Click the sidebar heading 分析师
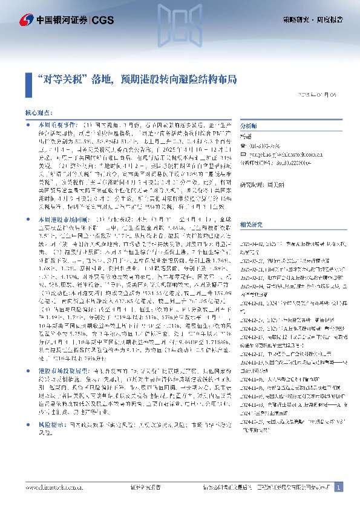click(x=249, y=126)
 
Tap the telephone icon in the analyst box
click(x=243, y=146)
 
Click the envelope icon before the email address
click(x=243, y=154)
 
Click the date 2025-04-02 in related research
click(x=254, y=242)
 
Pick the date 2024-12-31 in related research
click(x=254, y=304)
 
